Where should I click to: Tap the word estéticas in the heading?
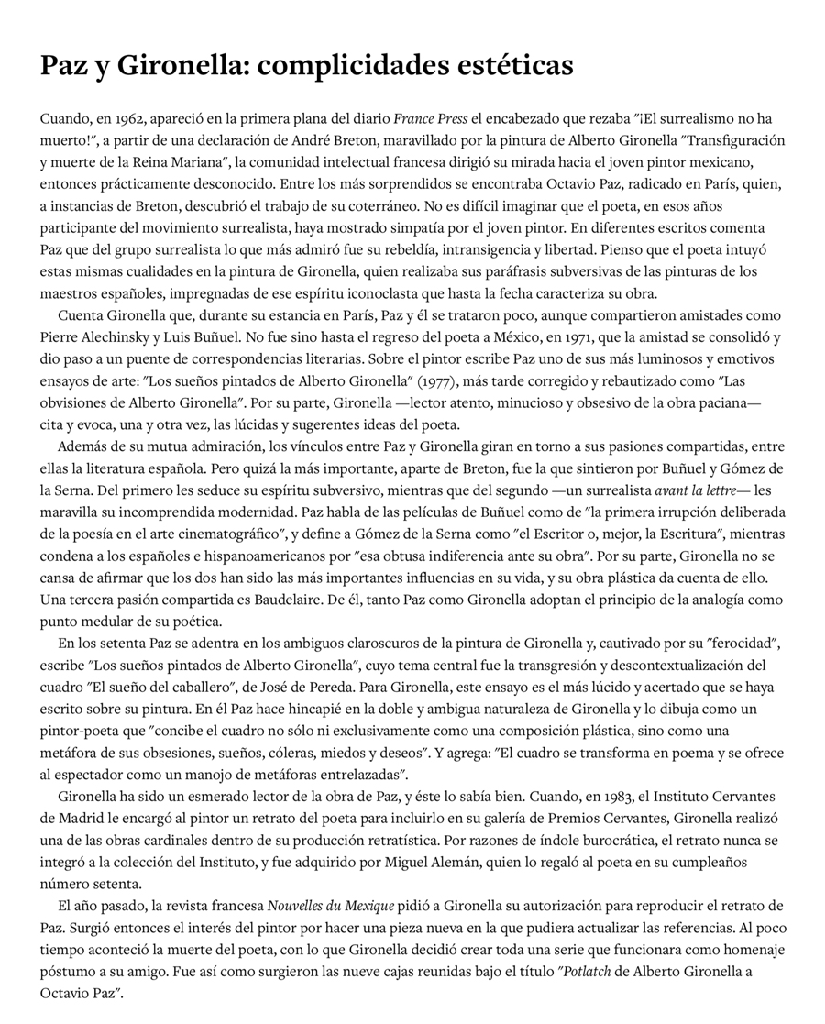click(x=514, y=66)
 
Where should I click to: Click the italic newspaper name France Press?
click(x=431, y=118)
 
